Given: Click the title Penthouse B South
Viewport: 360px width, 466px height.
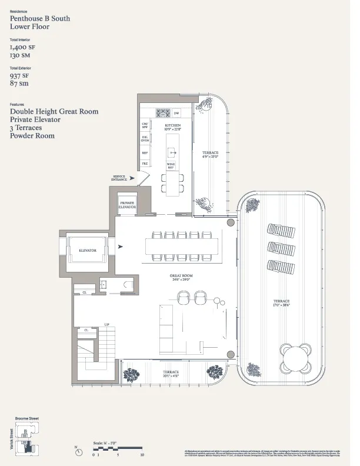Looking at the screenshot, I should (x=39, y=19).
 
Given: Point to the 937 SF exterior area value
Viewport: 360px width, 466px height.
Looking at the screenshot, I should (x=22, y=75).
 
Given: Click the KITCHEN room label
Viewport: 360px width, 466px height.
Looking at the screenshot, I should (x=172, y=125).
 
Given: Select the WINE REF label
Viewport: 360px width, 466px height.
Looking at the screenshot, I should (x=171, y=165).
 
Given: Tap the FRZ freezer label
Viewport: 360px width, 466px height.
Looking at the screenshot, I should (x=144, y=164).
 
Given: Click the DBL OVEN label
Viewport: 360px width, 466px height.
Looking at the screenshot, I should (x=144, y=139).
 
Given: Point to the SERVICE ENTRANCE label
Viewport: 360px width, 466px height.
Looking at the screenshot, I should (x=119, y=177).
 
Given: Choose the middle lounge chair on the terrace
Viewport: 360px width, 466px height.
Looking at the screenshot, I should (x=281, y=248).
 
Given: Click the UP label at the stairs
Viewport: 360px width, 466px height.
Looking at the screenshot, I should (x=107, y=324).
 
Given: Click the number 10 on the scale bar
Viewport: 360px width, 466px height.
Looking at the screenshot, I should (x=142, y=455).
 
